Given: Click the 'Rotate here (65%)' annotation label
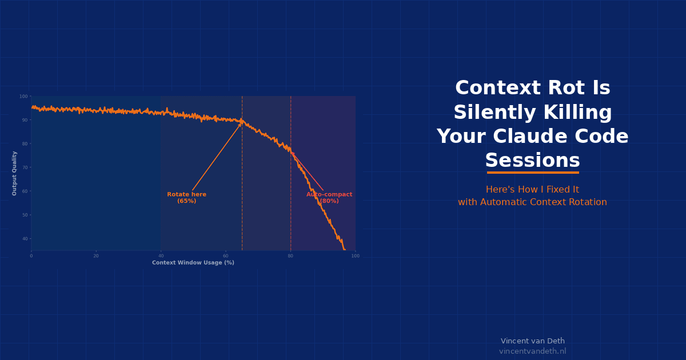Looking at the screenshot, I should coord(186,198).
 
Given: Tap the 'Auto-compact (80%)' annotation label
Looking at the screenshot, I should coord(329,198).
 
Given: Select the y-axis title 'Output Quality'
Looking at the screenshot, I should coord(15,173).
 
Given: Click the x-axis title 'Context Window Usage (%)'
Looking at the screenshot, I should coord(193,263).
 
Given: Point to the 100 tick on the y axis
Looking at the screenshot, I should coord(24,97).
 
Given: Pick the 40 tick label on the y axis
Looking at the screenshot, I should coord(25,239).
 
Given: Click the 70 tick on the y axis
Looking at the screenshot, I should coord(25,167).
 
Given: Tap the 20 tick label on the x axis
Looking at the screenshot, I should coord(96,256).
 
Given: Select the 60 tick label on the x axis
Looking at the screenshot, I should coord(226,256).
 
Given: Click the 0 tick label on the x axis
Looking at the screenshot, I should coord(31,256).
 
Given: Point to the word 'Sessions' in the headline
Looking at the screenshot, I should coord(532,161).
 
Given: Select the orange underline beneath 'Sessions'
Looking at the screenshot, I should coord(533,172).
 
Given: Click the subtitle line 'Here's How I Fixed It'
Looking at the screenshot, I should coord(532,190).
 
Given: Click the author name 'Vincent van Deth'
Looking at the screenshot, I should coord(532,341).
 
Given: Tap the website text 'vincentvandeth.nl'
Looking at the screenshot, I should coord(532,351).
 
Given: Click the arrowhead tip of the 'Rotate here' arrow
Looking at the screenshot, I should coord(241,122).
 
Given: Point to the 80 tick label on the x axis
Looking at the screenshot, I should coord(290,256).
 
